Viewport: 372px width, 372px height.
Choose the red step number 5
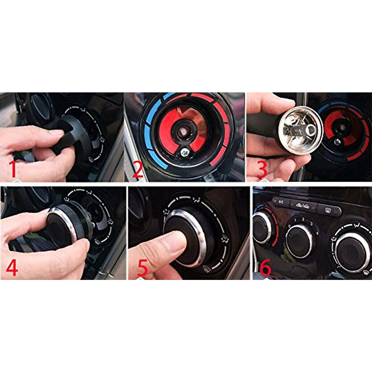click(142, 267)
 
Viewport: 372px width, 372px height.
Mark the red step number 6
click(265, 267)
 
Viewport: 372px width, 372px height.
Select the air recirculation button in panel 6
click(303, 206)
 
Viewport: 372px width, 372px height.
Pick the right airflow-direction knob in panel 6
click(352, 252)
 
